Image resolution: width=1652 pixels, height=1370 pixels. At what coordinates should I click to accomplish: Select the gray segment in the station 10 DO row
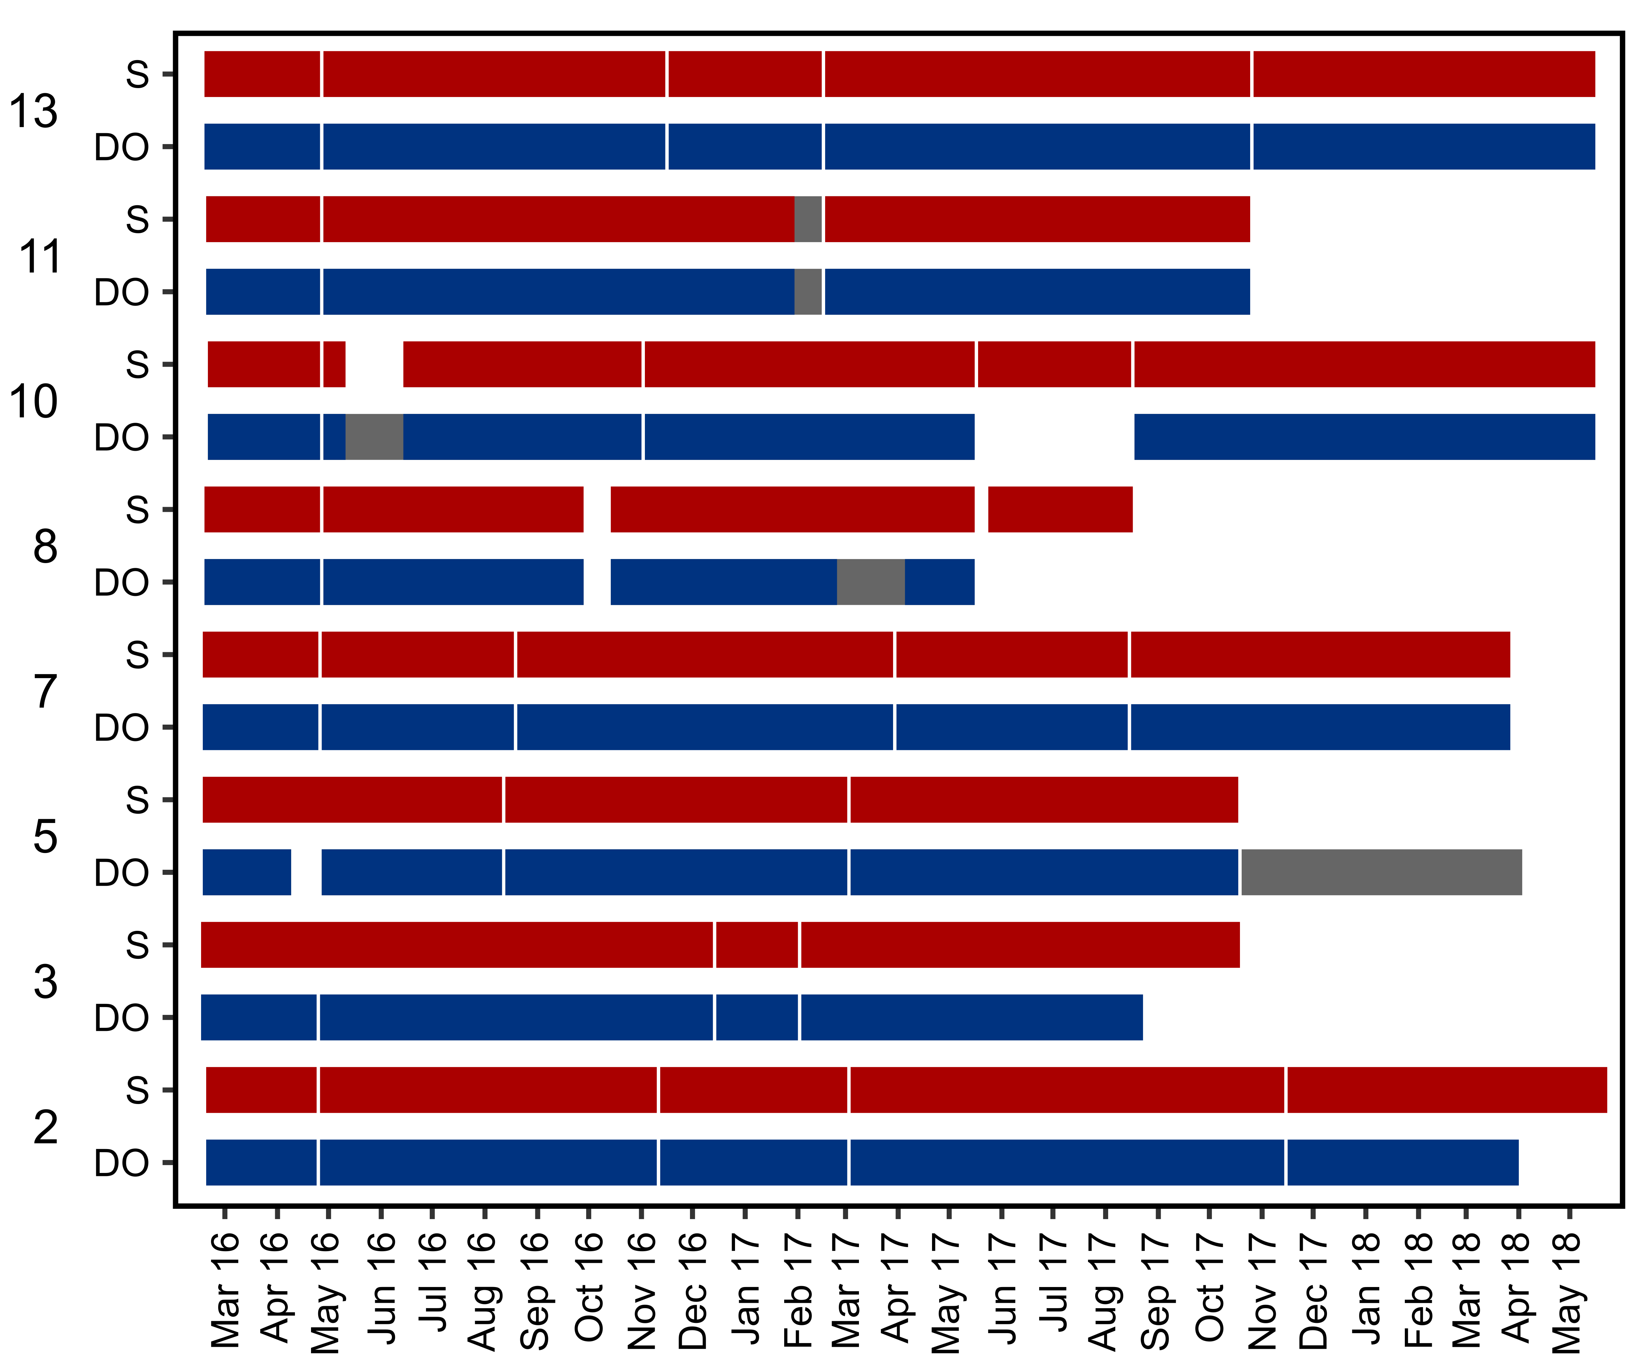click(375, 437)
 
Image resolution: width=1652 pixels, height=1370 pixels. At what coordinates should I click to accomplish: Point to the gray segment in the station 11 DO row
click(808, 292)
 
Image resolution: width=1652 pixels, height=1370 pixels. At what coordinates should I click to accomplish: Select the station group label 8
click(45, 546)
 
